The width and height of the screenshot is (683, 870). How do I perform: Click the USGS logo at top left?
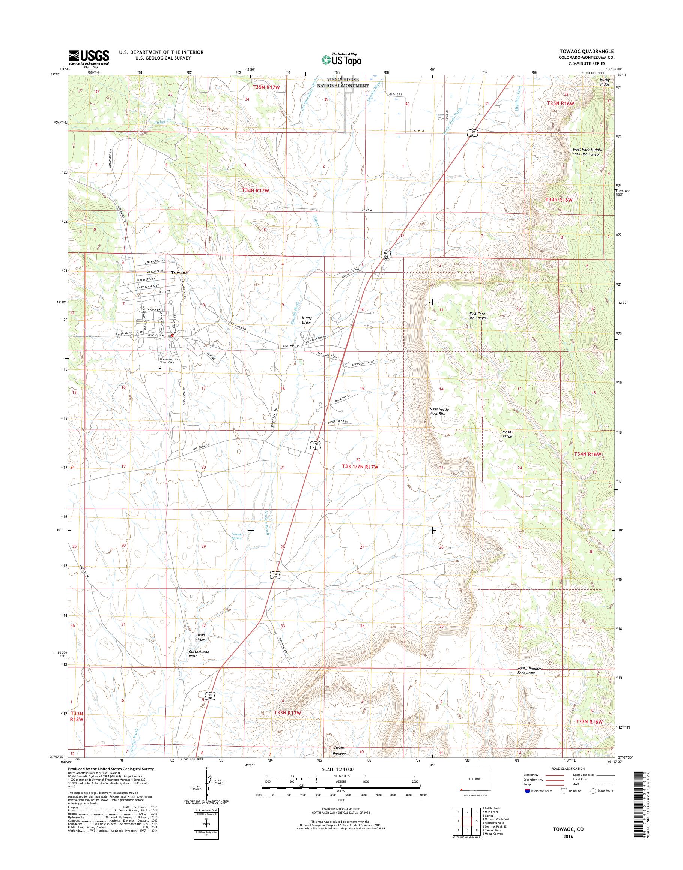89,57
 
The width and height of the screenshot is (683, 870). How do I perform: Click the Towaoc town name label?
179,273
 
